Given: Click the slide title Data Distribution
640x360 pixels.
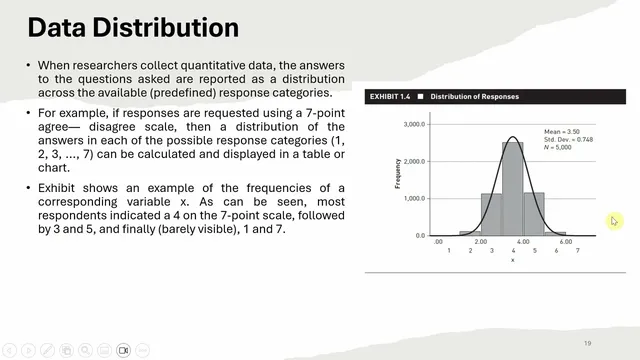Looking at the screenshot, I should [x=132, y=27].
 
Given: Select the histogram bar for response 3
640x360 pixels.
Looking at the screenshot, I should [x=491, y=214].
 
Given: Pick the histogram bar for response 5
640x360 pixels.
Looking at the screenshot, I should [x=534, y=214].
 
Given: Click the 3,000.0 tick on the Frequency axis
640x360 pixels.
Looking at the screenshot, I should [x=413, y=125].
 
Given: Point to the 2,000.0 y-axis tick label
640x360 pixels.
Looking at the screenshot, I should [x=413, y=162].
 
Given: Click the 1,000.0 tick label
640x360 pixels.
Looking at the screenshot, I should [x=413, y=199].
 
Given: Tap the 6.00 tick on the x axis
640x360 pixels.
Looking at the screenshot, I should [x=565, y=241].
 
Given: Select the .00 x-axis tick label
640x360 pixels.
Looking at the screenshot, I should [x=438, y=241].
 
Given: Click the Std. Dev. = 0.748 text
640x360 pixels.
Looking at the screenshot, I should [x=569, y=139].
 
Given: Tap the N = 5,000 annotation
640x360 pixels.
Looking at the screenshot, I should [x=560, y=147].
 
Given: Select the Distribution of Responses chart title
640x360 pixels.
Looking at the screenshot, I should [x=474, y=97].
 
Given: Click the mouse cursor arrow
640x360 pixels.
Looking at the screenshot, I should [x=614, y=221].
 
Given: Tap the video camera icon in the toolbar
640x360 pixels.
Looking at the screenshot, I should [x=124, y=350].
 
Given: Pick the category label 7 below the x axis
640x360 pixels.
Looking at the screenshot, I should [x=577, y=250].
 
